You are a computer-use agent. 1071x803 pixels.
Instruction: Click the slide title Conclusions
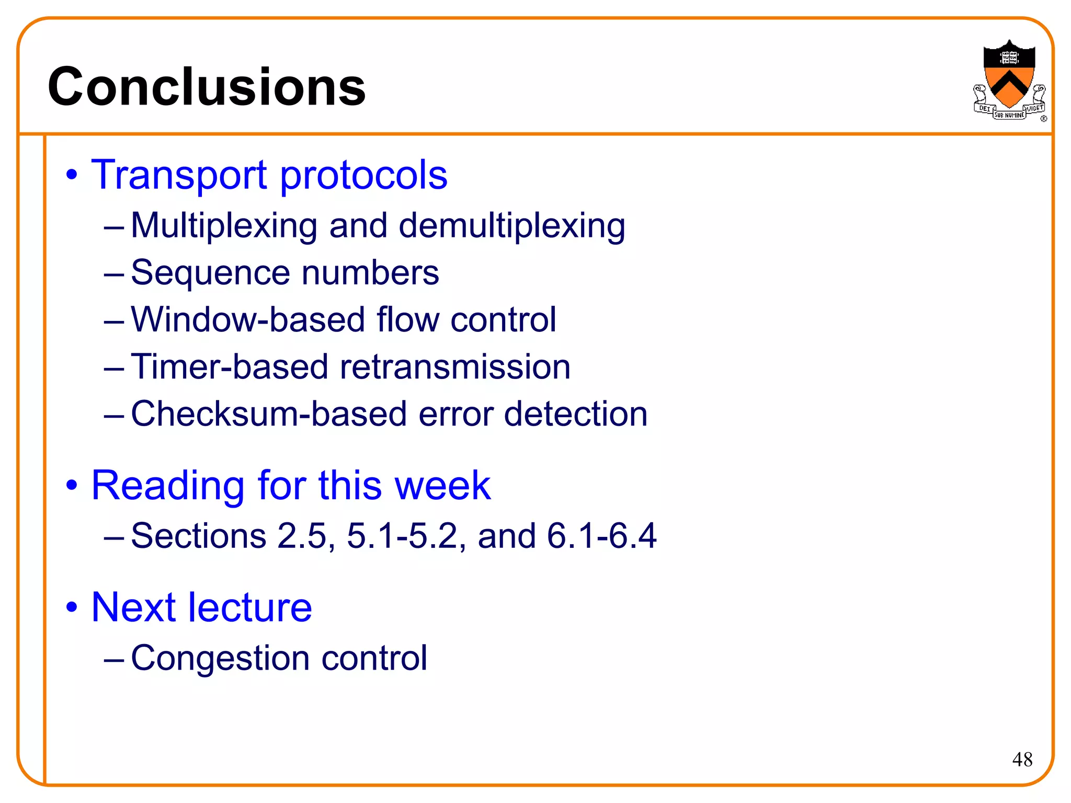(x=207, y=87)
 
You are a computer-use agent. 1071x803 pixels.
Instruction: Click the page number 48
(x=1022, y=759)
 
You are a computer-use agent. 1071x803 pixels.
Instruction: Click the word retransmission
(x=455, y=366)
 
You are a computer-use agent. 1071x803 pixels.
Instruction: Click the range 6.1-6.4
(x=601, y=536)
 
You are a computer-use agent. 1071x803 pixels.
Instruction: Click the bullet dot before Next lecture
(x=72, y=608)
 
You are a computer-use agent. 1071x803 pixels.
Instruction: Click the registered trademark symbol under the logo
(x=1043, y=119)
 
